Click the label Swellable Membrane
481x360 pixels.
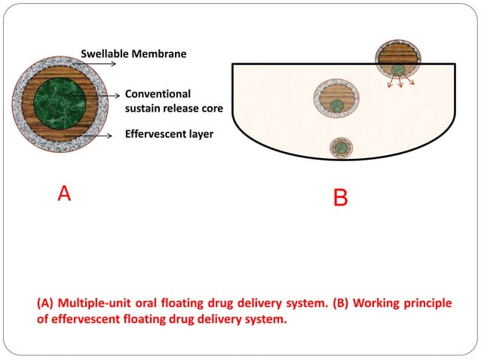point(133,53)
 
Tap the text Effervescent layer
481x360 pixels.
point(169,136)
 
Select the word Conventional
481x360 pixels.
point(158,94)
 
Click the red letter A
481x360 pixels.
point(64,194)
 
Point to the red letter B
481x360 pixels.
point(340,198)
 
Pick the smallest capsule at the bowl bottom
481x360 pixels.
point(342,147)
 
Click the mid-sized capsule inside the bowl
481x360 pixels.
point(337,97)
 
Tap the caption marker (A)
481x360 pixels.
point(45,304)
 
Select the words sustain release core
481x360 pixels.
point(173,108)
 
